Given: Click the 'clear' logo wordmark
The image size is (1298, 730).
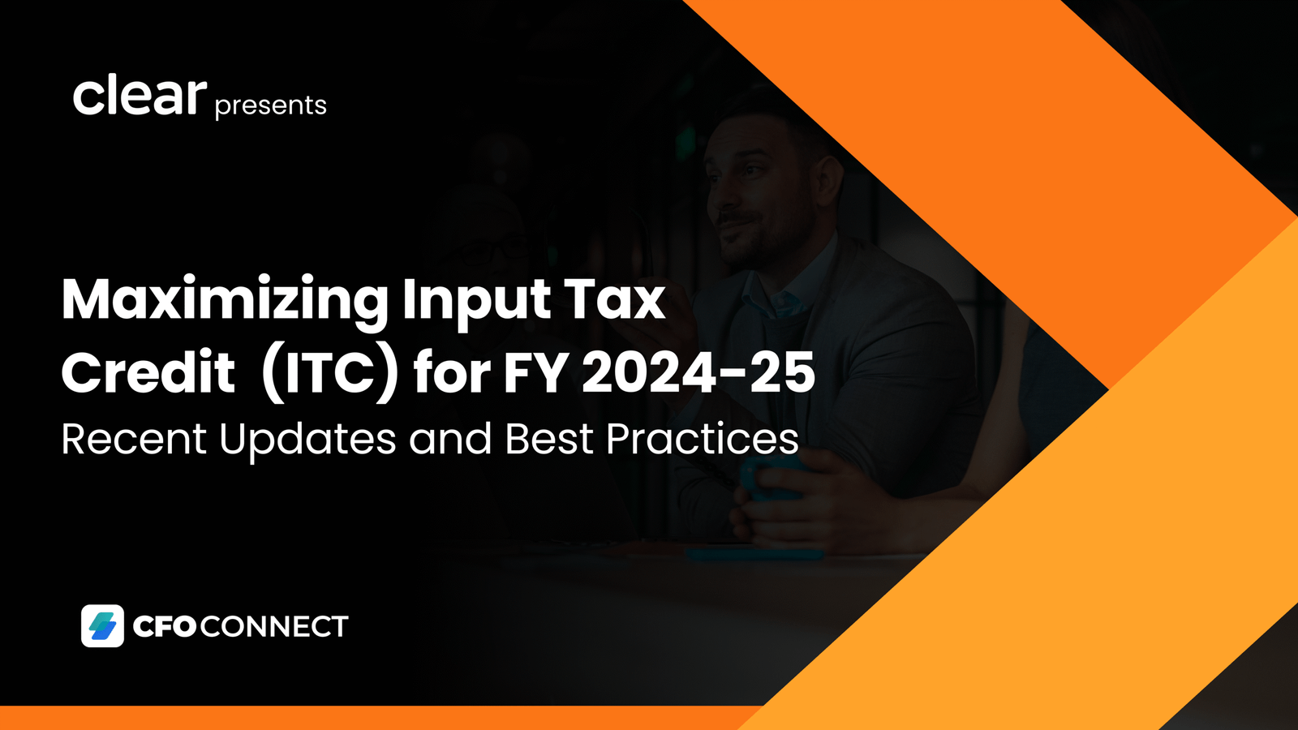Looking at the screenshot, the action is point(140,96).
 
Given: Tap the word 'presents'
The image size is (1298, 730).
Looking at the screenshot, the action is point(271,106).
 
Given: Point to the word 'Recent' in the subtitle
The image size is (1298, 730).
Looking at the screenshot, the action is point(134,439).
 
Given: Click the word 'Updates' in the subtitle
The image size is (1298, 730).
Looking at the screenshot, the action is point(307,440).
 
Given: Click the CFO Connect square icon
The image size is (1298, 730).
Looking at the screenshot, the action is point(102,625).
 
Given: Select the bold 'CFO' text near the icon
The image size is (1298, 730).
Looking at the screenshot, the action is point(164,626).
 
